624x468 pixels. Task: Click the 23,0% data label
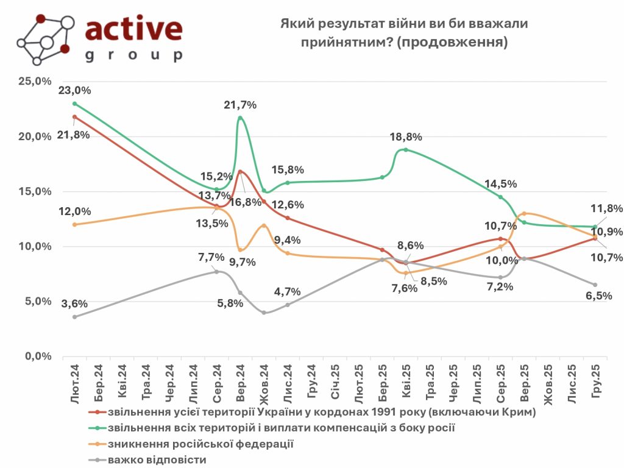(x=74, y=90)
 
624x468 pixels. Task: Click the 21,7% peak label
(x=240, y=105)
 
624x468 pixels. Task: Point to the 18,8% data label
(x=406, y=137)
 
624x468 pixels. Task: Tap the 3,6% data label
(x=74, y=303)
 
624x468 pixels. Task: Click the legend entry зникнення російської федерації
(x=200, y=444)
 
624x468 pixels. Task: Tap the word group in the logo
(x=133, y=56)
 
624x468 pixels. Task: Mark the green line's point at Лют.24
(x=74, y=104)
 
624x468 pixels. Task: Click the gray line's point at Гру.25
(x=595, y=285)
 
